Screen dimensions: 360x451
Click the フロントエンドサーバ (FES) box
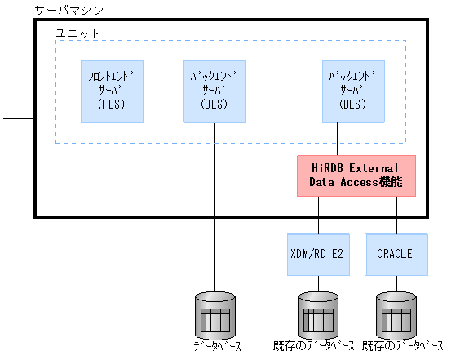point(112,91)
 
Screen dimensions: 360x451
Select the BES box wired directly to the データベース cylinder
point(214,91)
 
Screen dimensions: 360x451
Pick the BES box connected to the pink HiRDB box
point(354,91)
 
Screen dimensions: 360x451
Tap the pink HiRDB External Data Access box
point(356,176)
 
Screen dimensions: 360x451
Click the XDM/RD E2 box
point(317,254)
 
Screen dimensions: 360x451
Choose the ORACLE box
point(396,254)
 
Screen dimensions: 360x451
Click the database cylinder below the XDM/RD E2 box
point(317,314)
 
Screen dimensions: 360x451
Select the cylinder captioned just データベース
point(214,314)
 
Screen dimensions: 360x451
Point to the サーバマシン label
point(69,10)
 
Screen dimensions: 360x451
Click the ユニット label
point(77,33)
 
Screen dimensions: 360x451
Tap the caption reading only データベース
point(215,347)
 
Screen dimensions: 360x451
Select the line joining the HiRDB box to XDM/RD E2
point(318,214)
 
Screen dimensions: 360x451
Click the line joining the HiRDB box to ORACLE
point(396,214)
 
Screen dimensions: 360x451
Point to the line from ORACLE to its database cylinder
point(396,284)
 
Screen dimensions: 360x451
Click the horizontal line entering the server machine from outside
point(18,119)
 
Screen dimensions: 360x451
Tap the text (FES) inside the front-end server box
point(111,104)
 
